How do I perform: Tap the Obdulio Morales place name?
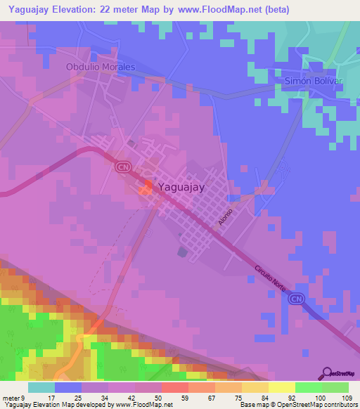100,67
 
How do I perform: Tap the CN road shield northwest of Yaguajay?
123,167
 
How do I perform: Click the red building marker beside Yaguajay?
147,187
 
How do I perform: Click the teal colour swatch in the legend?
41,387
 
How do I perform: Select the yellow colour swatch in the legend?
281,387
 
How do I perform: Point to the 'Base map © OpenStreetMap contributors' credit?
299,405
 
